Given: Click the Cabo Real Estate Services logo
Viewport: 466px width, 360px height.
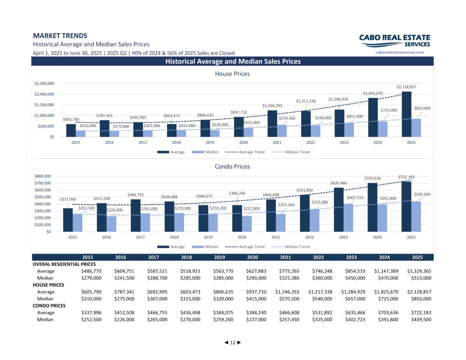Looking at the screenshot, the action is click(x=395, y=41).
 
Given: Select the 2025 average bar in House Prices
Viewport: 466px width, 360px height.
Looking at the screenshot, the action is click(x=406, y=114).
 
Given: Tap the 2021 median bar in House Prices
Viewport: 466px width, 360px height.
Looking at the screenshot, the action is click(x=282, y=131).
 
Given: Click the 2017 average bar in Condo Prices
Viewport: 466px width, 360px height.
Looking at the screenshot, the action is click(x=136, y=216).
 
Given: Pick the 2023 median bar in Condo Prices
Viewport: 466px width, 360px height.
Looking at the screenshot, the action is click(x=348, y=218).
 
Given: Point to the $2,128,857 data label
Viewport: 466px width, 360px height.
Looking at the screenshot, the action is click(x=406, y=87).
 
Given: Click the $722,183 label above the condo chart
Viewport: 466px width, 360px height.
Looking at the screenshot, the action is click(x=406, y=177).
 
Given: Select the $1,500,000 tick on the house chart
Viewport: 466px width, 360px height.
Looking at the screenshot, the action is click(x=44, y=105).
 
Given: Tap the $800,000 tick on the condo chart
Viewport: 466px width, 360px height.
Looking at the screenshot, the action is click(x=43, y=176).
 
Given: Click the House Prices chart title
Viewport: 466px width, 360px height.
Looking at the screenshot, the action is click(x=233, y=74).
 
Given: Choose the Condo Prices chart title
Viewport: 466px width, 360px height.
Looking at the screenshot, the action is click(x=233, y=167).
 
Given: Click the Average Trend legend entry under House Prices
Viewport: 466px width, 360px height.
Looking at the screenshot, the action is click(x=245, y=152).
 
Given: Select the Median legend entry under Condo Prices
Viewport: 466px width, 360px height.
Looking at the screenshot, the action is click(x=205, y=247).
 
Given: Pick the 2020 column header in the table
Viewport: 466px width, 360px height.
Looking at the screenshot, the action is click(x=253, y=257).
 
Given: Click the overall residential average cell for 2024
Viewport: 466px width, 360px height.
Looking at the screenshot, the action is click(x=386, y=271).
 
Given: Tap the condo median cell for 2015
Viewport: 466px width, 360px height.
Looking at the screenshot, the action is click(x=91, y=319).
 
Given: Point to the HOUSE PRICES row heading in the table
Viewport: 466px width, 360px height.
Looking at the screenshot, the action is click(x=48, y=285).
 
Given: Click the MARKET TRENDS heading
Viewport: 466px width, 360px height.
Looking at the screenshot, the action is click(x=60, y=35).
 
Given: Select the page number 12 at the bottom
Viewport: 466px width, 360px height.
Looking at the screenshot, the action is click(x=233, y=342).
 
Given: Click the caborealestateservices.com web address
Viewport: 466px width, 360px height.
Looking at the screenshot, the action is click(x=400, y=52).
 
